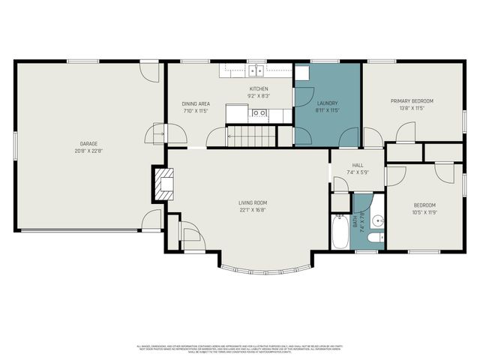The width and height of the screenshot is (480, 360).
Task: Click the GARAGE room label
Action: (x=89, y=143)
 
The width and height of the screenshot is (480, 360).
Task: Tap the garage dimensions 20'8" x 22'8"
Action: (x=89, y=150)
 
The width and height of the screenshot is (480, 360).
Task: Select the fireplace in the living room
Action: (x=163, y=184)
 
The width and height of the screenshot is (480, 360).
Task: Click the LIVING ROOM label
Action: (x=253, y=202)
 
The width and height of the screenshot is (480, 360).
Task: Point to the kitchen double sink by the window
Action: (x=256, y=71)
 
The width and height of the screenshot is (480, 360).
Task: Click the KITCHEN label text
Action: (x=258, y=89)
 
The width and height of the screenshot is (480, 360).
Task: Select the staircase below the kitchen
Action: (x=244, y=136)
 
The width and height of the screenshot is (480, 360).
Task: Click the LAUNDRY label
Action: (x=328, y=103)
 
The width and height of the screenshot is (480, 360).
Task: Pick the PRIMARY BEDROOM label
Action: (x=412, y=100)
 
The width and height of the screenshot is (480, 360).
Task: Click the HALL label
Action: (x=357, y=166)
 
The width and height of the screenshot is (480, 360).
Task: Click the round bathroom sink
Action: (x=378, y=220)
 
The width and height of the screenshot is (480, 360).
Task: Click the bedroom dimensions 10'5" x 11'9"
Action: (x=424, y=212)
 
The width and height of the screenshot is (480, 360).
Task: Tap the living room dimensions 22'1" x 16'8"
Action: (x=253, y=210)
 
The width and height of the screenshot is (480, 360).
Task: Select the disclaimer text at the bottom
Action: (x=240, y=349)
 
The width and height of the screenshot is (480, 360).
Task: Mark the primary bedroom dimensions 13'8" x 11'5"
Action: (x=412, y=108)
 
